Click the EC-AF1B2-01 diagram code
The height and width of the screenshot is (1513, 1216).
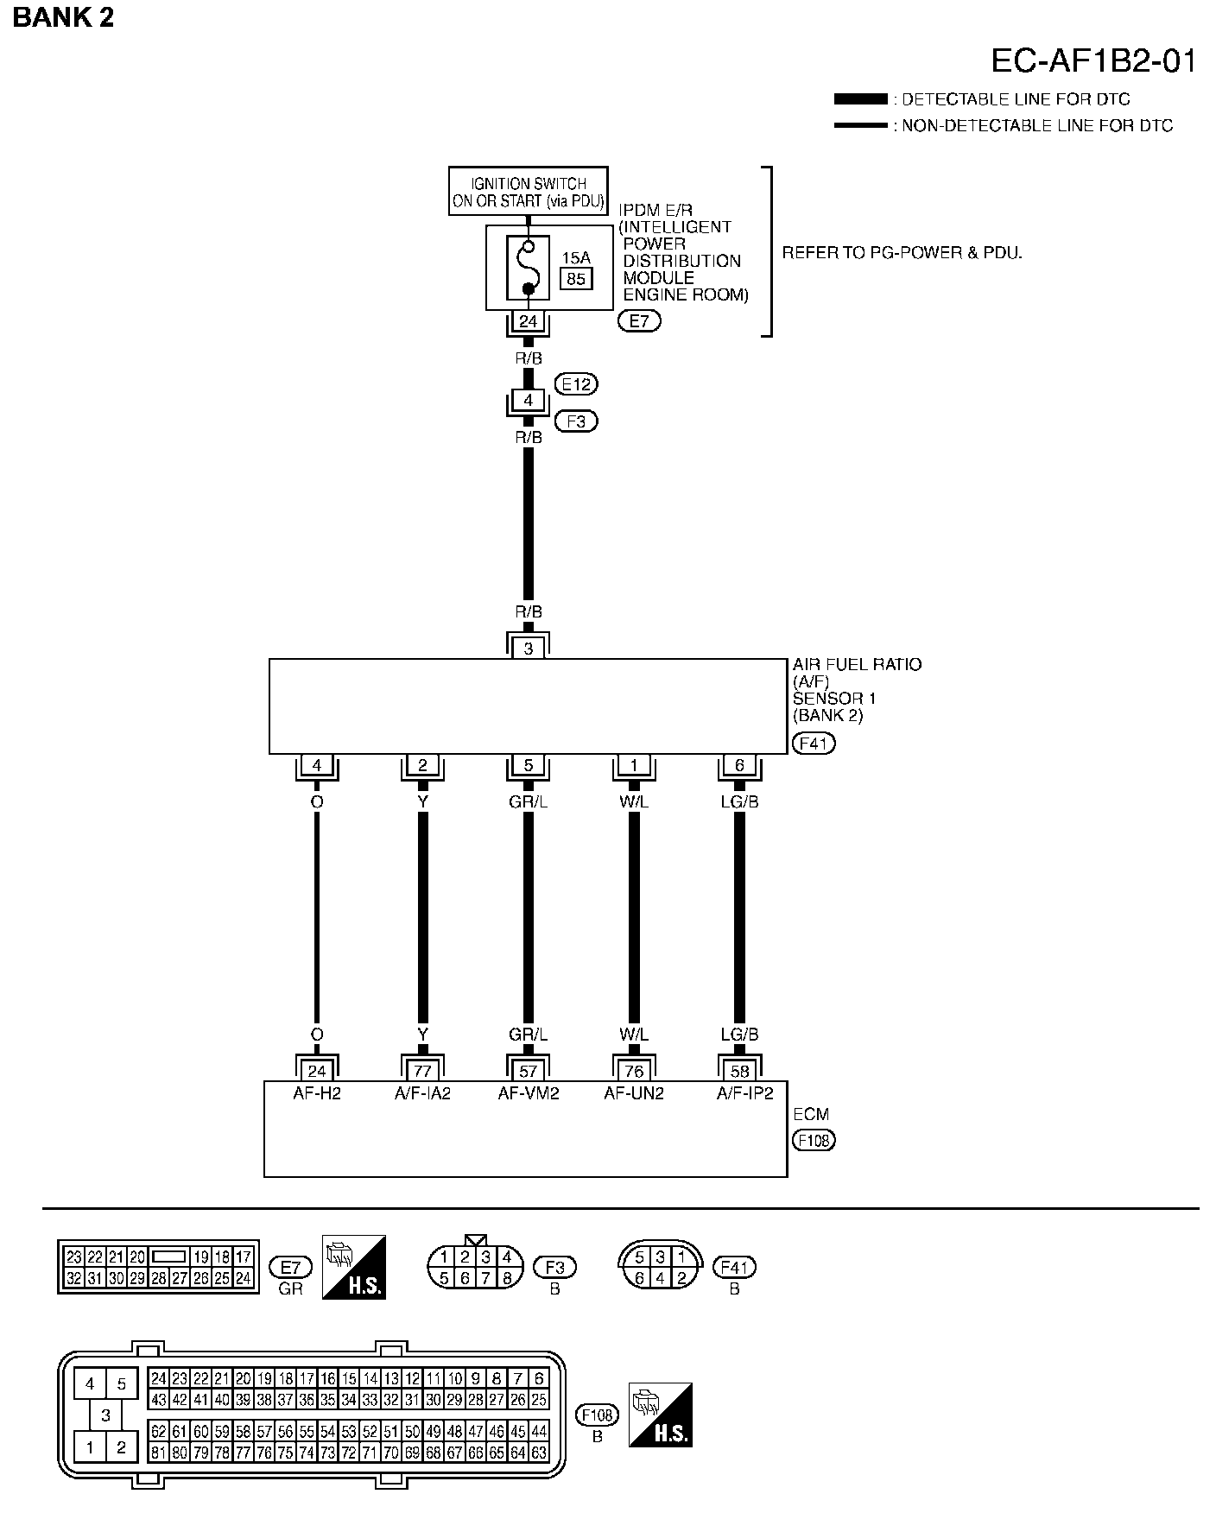click(1092, 62)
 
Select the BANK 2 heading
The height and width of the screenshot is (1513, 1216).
click(63, 17)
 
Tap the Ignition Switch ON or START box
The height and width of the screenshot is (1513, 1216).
click(528, 192)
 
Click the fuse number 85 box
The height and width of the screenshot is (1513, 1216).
click(576, 279)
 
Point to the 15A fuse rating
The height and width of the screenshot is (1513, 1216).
click(576, 258)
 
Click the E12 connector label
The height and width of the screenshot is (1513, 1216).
click(576, 384)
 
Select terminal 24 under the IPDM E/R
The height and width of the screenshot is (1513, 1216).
click(528, 322)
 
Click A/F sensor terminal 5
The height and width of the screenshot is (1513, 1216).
click(529, 765)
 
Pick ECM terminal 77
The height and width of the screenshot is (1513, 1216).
click(422, 1071)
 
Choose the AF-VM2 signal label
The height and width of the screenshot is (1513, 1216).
click(529, 1093)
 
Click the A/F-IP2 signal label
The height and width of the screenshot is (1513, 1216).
click(744, 1093)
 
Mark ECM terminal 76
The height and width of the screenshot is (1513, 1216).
click(634, 1071)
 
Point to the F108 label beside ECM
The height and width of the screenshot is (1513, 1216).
click(814, 1140)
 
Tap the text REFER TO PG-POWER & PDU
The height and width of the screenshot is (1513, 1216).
click(902, 253)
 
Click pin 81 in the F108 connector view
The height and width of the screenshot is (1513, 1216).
click(158, 1453)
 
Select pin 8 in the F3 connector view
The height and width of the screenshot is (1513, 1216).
click(507, 1278)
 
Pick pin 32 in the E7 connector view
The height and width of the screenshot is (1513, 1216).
click(73, 1278)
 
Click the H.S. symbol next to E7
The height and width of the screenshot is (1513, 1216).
click(354, 1267)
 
